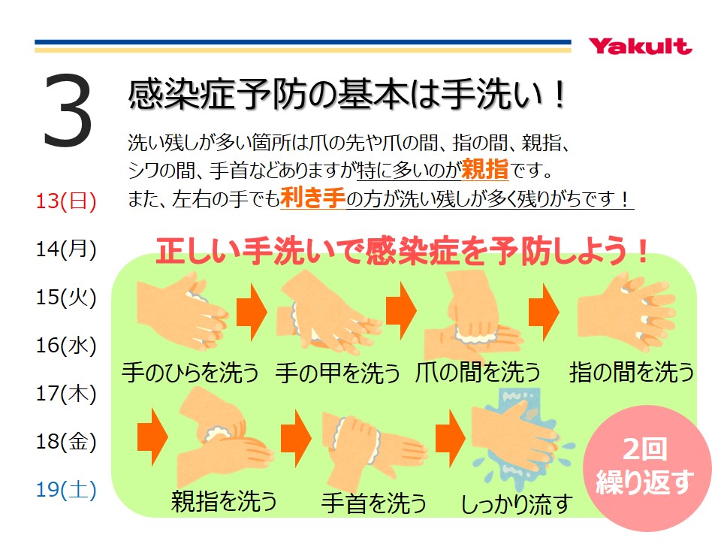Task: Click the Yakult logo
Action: tap(640, 47)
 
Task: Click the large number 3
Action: tap(68, 111)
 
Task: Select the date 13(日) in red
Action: tap(66, 201)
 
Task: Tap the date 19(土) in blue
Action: tap(66, 489)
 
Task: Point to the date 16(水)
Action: tap(66, 346)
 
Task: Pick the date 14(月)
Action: tap(66, 249)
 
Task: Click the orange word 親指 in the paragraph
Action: tap(485, 169)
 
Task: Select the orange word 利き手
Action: tap(312, 198)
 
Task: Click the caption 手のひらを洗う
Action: tap(190, 372)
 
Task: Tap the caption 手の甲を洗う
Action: tap(338, 372)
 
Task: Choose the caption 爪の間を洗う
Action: tap(478, 372)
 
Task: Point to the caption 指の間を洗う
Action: tap(632, 372)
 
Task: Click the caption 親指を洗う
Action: tap(224, 501)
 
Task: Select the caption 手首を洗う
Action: tap(374, 503)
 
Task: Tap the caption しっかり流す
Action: tap(517, 504)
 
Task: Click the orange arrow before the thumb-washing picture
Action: tap(152, 437)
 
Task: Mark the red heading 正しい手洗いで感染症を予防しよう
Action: tap(402, 251)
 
